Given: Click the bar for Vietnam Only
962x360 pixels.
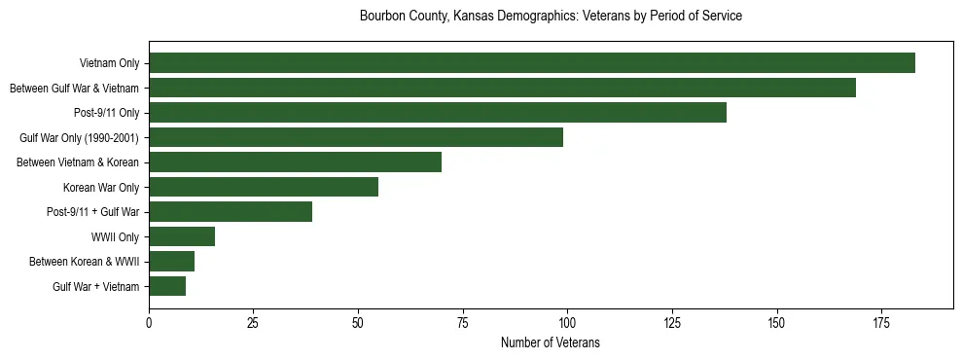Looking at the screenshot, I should point(532,63).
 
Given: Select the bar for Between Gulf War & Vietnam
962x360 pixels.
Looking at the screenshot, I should point(502,89).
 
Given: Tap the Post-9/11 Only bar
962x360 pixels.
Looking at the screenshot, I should point(438,113).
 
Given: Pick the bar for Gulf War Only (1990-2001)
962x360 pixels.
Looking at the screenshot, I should point(356,137).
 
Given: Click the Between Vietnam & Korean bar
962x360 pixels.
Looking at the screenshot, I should point(295,162).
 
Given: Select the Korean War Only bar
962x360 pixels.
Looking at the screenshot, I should point(264,187).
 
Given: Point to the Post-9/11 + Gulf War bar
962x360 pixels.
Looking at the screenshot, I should point(231,212).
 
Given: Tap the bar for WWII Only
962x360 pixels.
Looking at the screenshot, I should point(182,236).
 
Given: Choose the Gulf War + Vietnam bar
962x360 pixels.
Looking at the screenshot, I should point(167,286).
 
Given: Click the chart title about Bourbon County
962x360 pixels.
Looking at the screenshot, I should point(551,17).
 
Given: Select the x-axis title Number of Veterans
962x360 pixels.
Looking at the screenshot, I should point(551,343).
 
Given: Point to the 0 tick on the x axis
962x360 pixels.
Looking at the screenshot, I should point(149,322).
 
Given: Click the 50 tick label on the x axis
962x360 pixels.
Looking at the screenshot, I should point(358,322).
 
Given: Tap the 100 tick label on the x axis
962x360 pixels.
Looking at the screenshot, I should point(567,322).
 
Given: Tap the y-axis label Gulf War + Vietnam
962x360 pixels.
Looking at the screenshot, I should point(95,286).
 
